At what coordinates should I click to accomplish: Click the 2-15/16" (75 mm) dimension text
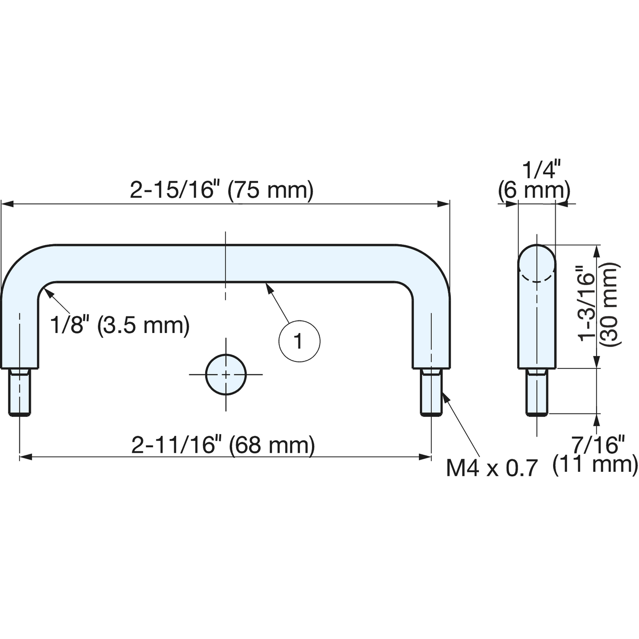coord(222,190)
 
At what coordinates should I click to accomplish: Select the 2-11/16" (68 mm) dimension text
coord(223,445)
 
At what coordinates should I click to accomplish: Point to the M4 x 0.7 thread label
coord(492,468)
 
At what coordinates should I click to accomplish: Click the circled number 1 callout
coord(300,341)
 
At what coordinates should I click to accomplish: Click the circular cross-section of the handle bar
coord(226,375)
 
